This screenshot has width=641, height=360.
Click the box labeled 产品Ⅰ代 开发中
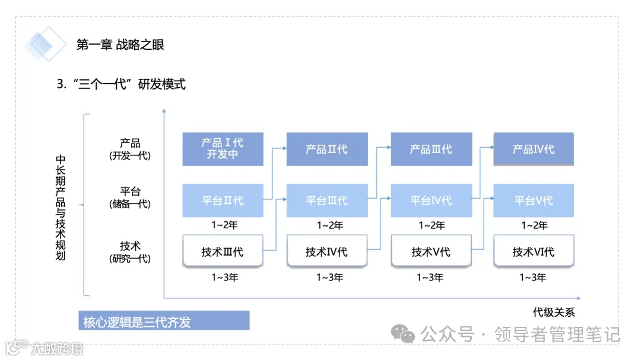click(x=223, y=149)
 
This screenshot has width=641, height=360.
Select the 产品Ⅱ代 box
click(x=326, y=149)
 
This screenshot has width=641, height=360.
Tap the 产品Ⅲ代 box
click(x=431, y=149)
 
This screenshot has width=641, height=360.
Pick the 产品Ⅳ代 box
click(x=534, y=149)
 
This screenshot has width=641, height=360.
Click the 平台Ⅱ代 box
click(x=223, y=200)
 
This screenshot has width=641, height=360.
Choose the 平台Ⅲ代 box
click(x=326, y=200)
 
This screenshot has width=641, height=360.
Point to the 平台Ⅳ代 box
click(x=431, y=200)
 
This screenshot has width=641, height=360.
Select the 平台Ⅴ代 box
click(x=534, y=200)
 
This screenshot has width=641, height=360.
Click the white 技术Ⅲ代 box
click(x=223, y=251)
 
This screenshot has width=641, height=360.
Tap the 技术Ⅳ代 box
click(x=326, y=251)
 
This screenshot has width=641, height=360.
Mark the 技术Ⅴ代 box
click(x=431, y=251)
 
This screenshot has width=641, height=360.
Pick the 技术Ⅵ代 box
click(x=534, y=251)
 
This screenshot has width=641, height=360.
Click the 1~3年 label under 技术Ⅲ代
click(x=225, y=277)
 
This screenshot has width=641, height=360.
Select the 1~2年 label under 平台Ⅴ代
click(x=534, y=225)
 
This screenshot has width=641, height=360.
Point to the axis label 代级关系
click(x=553, y=312)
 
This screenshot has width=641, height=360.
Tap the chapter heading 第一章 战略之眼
click(x=120, y=44)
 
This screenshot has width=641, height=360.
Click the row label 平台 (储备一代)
click(x=130, y=197)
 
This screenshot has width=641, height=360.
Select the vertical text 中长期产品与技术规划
click(x=60, y=207)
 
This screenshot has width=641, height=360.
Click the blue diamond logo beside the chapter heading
click(x=45, y=44)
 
